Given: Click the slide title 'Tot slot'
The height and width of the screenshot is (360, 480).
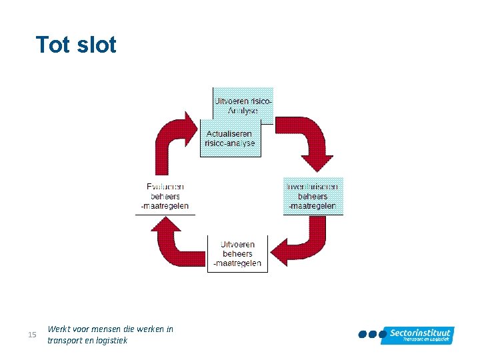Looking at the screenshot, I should [76, 45].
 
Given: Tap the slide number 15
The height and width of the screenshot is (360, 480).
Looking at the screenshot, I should [32, 334].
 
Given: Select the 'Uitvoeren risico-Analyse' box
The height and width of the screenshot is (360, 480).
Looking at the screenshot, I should [243, 105].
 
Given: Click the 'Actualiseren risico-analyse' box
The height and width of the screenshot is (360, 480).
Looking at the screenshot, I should [229, 139].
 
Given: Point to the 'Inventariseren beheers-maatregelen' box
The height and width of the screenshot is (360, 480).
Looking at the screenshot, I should [313, 196].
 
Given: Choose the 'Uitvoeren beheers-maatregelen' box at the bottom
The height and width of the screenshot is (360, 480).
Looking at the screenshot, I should [237, 254].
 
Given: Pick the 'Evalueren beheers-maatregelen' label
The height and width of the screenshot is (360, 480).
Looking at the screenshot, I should [165, 197].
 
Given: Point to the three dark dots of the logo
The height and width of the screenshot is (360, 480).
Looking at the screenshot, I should [372, 334].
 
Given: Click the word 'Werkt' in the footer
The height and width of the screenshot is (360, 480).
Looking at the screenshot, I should [59, 329].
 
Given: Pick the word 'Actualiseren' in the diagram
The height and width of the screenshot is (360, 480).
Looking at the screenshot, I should [229, 134].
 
